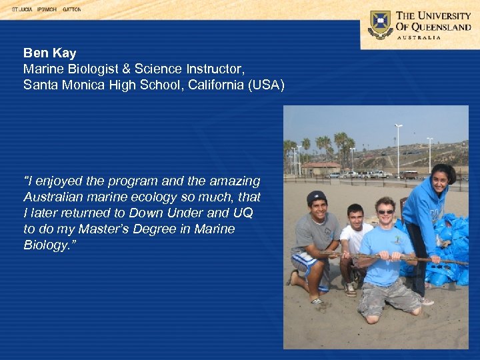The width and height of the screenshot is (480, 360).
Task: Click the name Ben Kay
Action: (49, 53)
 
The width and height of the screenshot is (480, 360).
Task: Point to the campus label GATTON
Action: (71, 10)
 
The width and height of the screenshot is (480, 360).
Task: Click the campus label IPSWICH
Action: (47, 10)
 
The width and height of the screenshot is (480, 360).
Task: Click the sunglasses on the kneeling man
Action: (386, 212)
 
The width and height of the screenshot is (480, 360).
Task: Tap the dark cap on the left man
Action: (317, 197)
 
